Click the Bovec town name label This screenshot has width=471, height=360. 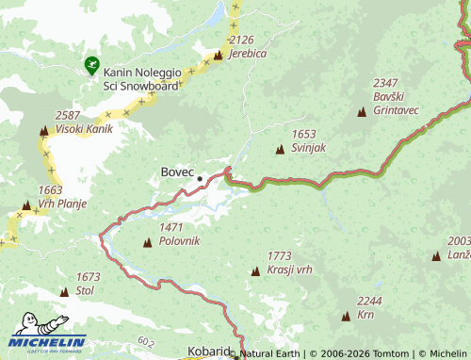177,172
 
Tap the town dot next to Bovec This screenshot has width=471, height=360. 200,176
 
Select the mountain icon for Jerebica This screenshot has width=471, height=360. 219,55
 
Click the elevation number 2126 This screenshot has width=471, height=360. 242,40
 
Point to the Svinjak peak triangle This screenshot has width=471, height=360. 280,150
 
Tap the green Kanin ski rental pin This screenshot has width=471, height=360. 90,65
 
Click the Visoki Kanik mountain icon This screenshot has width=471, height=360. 43,130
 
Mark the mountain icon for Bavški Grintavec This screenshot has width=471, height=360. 362,112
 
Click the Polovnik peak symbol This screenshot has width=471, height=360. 147,243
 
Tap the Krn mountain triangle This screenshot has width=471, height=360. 345,316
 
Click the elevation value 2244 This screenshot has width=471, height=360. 369,301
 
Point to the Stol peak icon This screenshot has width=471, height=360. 64,292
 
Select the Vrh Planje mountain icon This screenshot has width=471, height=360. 25,205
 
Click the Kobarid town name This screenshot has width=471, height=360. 208,352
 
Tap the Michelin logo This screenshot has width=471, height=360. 47,339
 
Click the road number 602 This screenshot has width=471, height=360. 144,341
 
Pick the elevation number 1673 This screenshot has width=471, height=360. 88,277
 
